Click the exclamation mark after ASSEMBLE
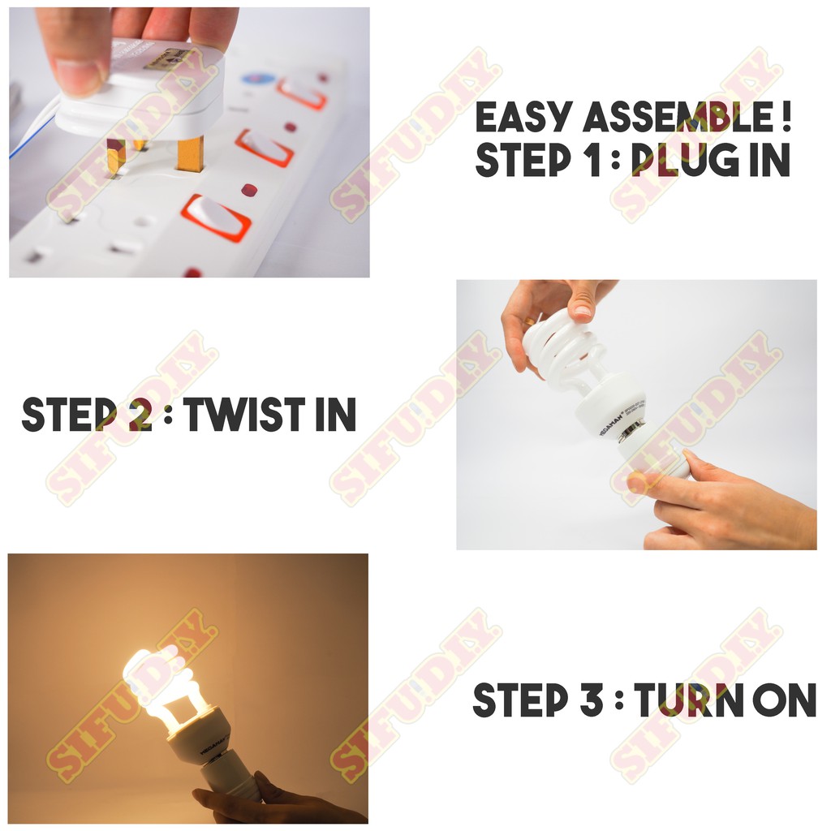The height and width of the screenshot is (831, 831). pyautogui.click(x=786, y=117)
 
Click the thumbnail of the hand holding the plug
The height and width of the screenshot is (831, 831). pyautogui.click(x=189, y=142)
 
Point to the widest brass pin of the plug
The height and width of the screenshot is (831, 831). pyautogui.click(x=189, y=153)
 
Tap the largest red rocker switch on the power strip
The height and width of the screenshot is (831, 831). pyautogui.click(x=216, y=217)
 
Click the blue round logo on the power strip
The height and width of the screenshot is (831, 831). pyautogui.click(x=258, y=79)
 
